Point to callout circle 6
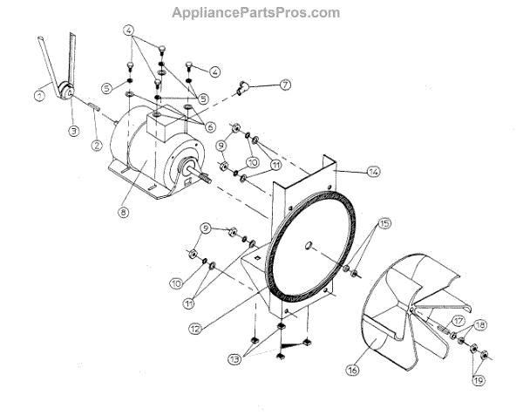click(210, 126)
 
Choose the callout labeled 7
click(284, 85)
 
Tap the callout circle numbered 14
click(373, 173)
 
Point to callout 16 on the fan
click(352, 370)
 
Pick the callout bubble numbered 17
click(458, 320)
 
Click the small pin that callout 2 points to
click(92, 106)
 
